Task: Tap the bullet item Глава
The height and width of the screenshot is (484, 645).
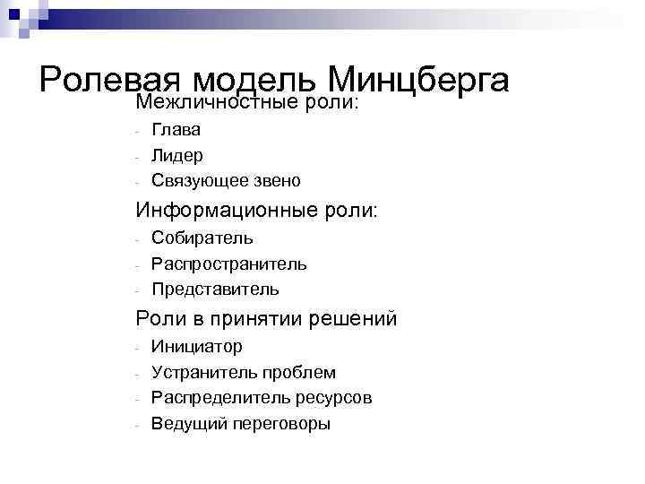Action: pos(176,130)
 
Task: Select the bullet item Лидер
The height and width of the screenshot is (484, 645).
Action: pos(177,155)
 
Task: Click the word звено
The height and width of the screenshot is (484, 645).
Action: pos(278,180)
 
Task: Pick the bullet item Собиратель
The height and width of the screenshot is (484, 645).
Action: pos(202,238)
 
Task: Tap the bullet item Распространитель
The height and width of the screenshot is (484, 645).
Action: pos(229,264)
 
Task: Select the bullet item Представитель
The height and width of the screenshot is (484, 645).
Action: pos(215,289)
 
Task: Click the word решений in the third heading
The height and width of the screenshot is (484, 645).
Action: pos(353,319)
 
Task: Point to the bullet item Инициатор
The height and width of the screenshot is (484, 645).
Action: pos(196,346)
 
